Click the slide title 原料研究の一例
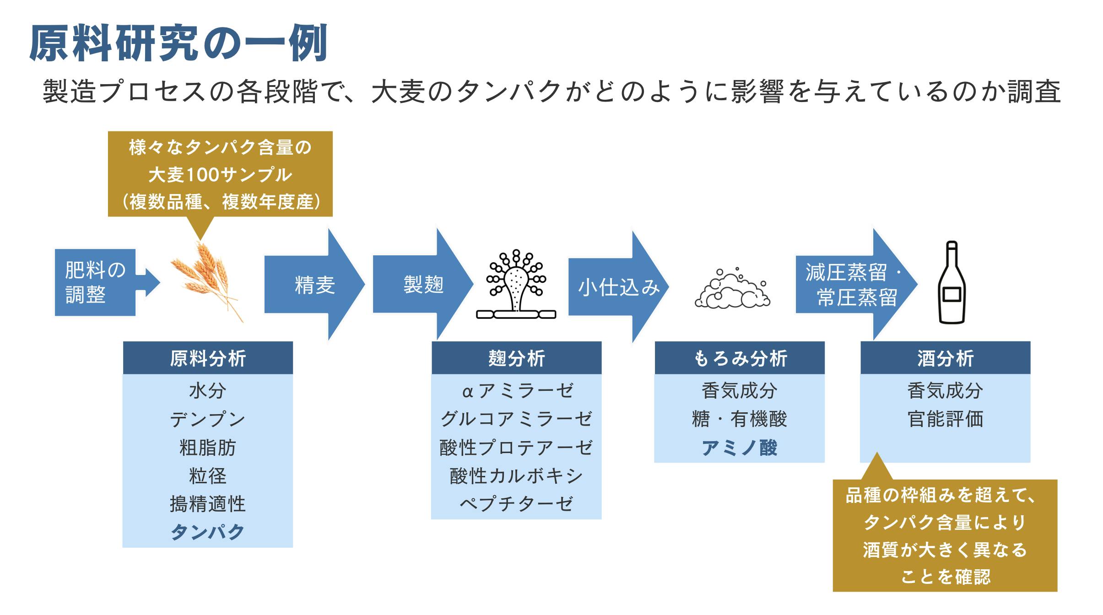click(178, 43)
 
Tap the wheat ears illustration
click(206, 281)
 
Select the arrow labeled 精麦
click(315, 285)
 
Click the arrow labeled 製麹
click(423, 284)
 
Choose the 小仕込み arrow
click(619, 287)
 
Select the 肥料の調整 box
click(95, 282)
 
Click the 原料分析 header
click(208, 358)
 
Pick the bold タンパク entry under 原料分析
click(208, 532)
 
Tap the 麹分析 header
click(516, 358)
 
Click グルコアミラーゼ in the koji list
click(516, 419)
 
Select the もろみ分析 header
click(740, 358)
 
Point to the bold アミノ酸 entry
click(740, 448)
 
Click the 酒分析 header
click(946, 358)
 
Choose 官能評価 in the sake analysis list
click(946, 419)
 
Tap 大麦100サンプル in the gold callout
click(220, 174)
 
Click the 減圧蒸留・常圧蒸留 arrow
click(851, 285)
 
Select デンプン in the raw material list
click(208, 419)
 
